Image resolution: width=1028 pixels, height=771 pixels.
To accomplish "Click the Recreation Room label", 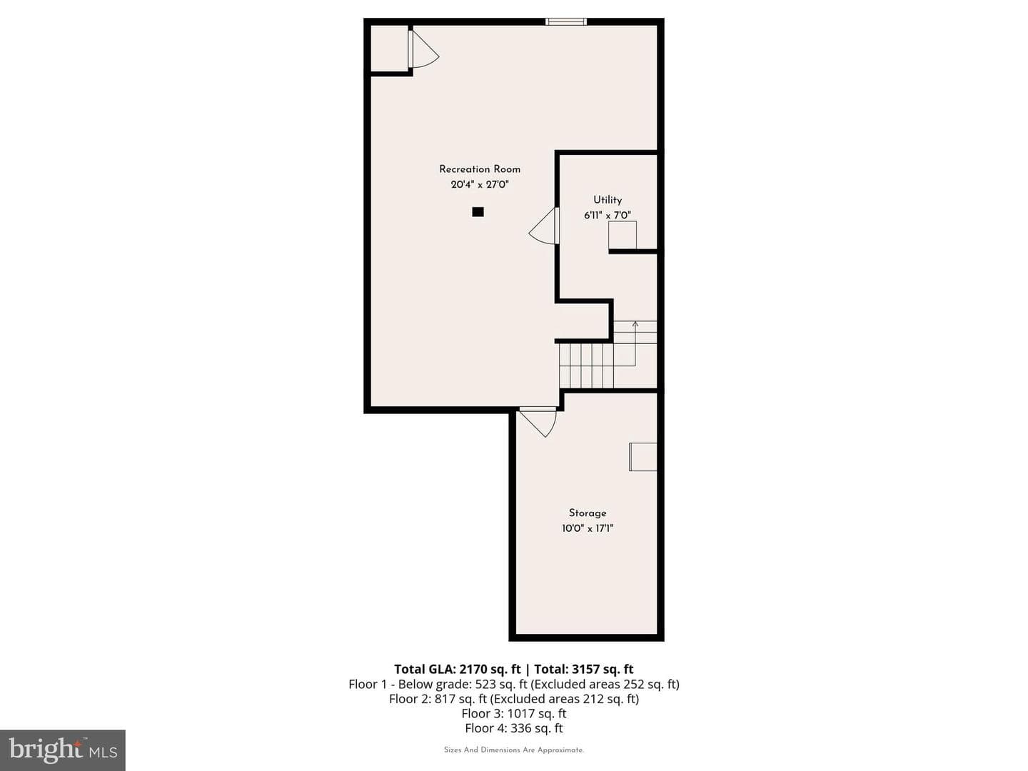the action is pyautogui.click(x=480, y=169).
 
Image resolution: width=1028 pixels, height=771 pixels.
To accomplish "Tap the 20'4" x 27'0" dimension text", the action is pyautogui.click(x=480, y=184).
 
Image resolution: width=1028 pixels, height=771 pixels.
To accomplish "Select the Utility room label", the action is pyautogui.click(x=608, y=200).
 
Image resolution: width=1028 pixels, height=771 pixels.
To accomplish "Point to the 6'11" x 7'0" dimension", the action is pyautogui.click(x=608, y=216).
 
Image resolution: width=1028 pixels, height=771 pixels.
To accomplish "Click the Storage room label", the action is pyautogui.click(x=588, y=513).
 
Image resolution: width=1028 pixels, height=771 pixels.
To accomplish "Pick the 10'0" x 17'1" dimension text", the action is pyautogui.click(x=588, y=528).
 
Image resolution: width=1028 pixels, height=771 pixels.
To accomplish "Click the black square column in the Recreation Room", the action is pyautogui.click(x=478, y=212).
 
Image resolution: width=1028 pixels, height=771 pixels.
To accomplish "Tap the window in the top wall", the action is pyautogui.click(x=565, y=21).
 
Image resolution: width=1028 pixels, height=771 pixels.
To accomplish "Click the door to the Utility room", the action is pyautogui.click(x=544, y=226).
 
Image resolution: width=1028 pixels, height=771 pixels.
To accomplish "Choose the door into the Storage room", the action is pyautogui.click(x=538, y=422).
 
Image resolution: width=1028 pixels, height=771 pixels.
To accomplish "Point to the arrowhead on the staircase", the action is pyautogui.click(x=635, y=323).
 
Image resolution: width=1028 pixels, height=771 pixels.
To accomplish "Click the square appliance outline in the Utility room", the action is pyautogui.click(x=623, y=235).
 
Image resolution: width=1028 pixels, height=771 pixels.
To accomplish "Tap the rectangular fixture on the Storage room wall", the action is pyautogui.click(x=643, y=456).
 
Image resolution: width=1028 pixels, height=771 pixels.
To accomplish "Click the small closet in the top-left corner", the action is pyautogui.click(x=389, y=49).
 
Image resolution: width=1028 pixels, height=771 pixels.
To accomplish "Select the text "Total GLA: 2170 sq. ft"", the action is pyautogui.click(x=457, y=669).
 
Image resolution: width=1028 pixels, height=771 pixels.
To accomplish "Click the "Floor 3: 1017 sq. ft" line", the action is pyautogui.click(x=514, y=713).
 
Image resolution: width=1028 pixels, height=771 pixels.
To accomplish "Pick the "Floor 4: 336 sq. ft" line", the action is pyautogui.click(x=514, y=728).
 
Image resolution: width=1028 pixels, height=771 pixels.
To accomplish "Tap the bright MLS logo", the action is pyautogui.click(x=63, y=750).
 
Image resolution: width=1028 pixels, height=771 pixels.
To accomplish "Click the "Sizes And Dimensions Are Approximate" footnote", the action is pyautogui.click(x=514, y=750).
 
